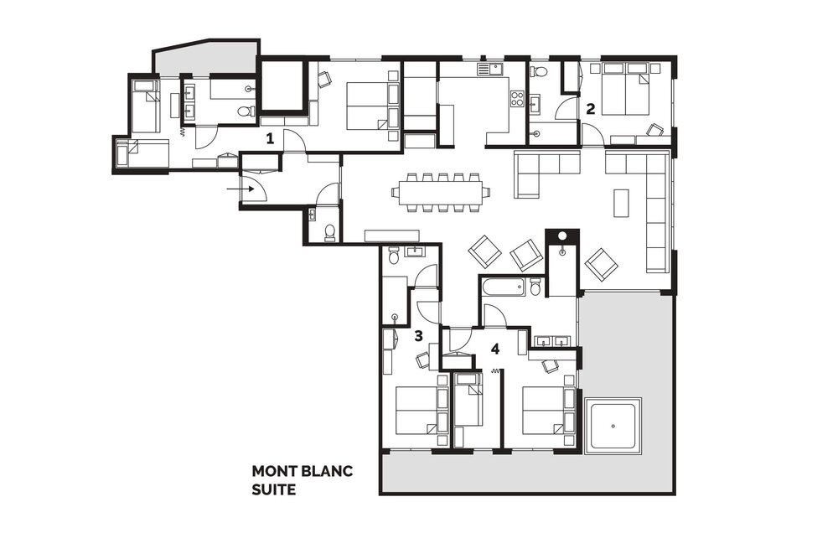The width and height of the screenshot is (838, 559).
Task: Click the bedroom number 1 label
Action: click(x=270, y=139)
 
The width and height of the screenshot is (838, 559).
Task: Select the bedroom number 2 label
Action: click(x=590, y=109)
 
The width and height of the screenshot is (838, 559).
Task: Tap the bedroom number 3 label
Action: click(x=418, y=335)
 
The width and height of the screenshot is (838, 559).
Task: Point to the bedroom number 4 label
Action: click(x=495, y=349)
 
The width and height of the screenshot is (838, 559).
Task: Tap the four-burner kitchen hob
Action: click(x=517, y=99)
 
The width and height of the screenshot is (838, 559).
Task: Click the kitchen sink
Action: click(x=490, y=69)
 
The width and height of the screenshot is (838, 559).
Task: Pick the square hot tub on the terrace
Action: click(x=613, y=426)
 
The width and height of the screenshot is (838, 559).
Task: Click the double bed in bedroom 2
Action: click(x=626, y=89)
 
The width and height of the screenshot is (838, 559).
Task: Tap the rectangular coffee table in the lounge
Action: click(x=621, y=203)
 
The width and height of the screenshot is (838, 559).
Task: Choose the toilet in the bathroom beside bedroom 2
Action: click(x=539, y=71)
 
